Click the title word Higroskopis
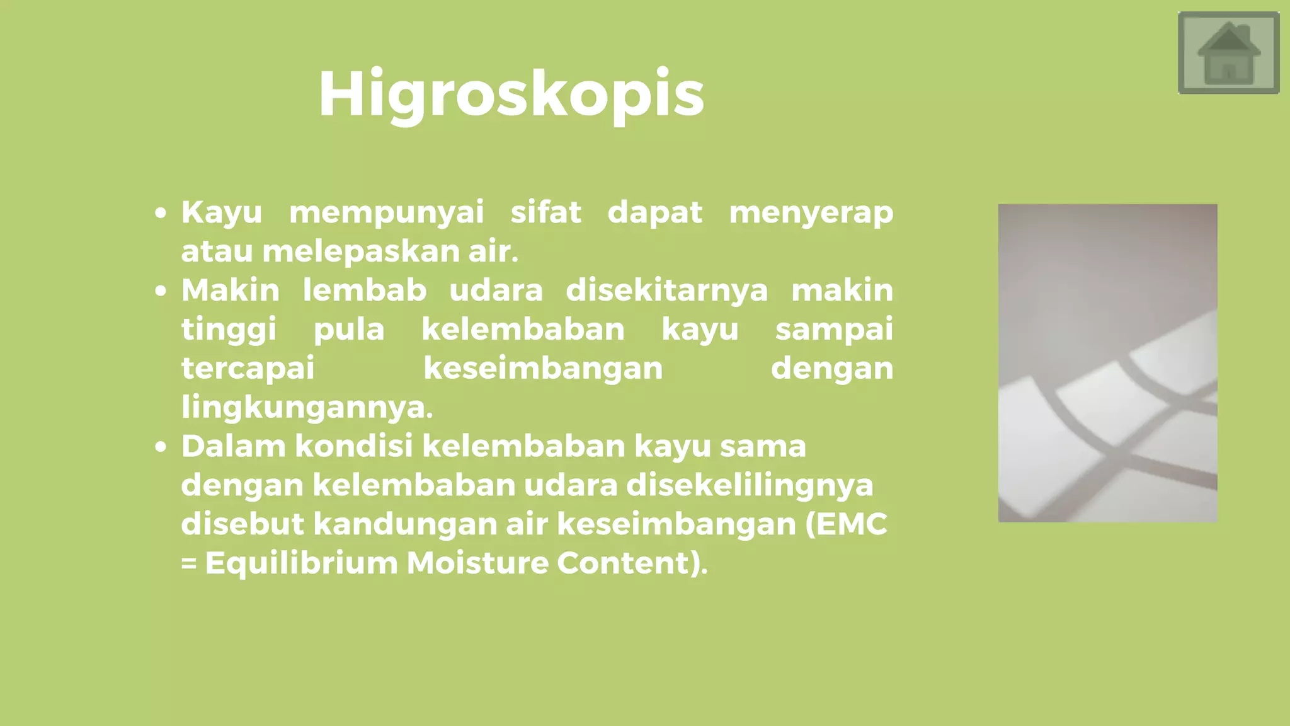(511, 95)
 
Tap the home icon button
(1228, 53)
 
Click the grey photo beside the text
(1107, 362)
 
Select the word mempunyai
(386, 212)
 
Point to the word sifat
(545, 212)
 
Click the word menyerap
(811, 212)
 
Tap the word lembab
(365, 290)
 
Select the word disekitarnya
(666, 290)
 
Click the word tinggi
(229, 330)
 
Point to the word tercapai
(248, 369)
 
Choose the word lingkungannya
(307, 408)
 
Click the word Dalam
(234, 446)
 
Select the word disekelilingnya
(750, 485)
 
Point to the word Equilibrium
(302, 563)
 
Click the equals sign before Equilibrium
(189, 563)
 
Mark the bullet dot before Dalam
(161, 447)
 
